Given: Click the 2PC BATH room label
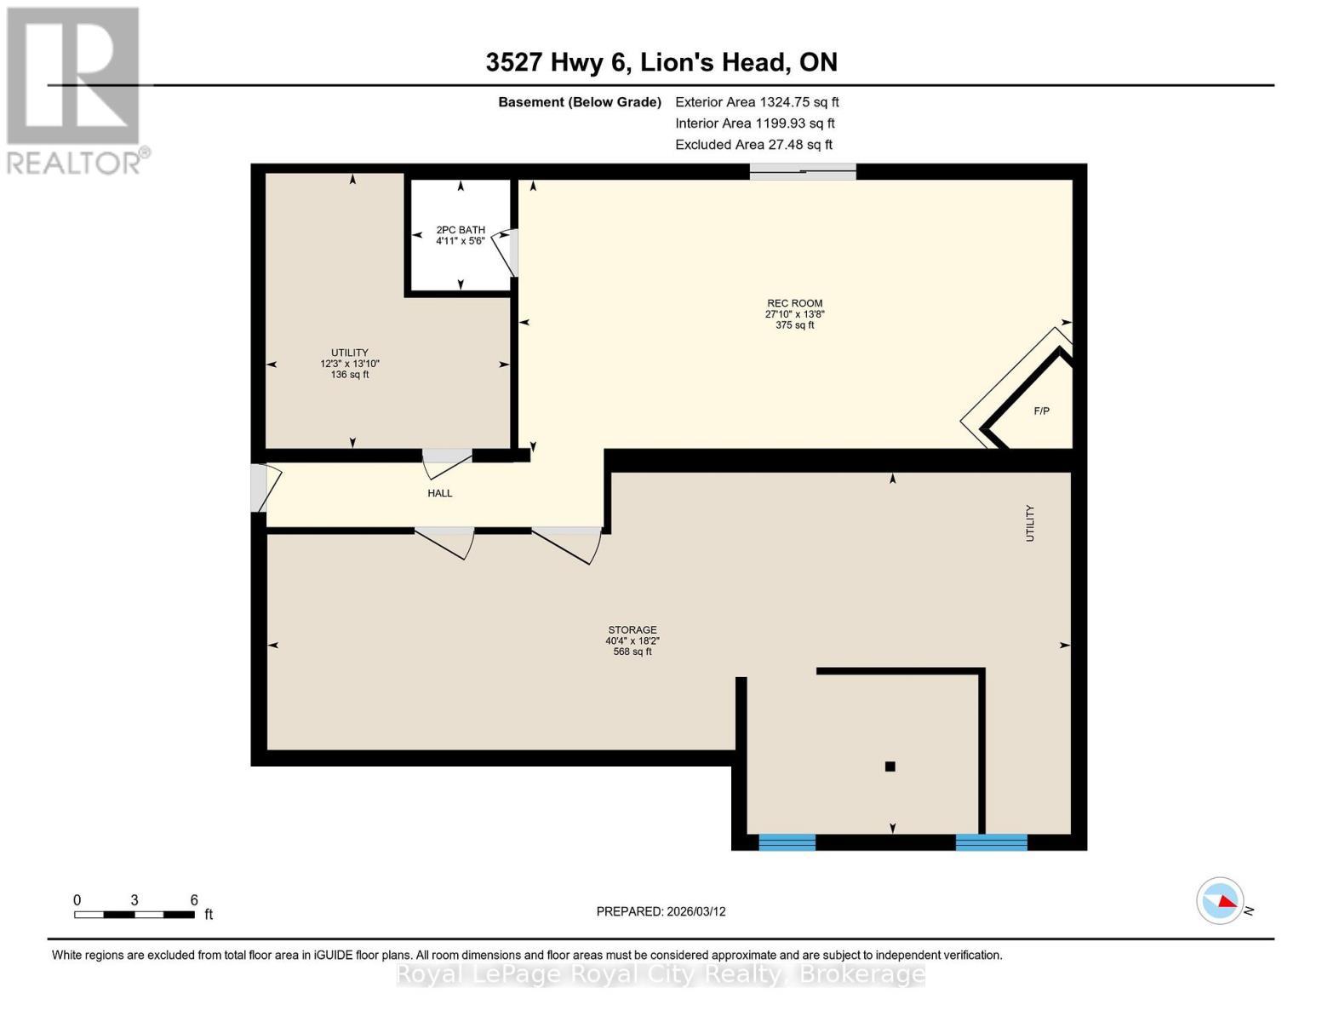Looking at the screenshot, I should [x=461, y=230].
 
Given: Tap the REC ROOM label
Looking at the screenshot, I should [x=794, y=303].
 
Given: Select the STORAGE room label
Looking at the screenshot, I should [x=632, y=630].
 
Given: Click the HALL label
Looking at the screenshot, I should [x=440, y=493].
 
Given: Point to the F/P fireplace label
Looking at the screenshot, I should [x=1041, y=411].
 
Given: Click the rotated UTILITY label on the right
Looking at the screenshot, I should [x=1030, y=523].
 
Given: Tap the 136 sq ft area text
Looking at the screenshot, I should [x=350, y=375].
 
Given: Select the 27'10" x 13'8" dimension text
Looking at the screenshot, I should [x=794, y=314].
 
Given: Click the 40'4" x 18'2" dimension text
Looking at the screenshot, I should [x=632, y=641].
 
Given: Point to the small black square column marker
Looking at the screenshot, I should [x=890, y=766].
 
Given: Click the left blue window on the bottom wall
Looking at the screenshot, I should [x=787, y=842].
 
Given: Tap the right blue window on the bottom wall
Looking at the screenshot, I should [x=992, y=842].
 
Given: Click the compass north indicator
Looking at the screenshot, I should [x=1221, y=900].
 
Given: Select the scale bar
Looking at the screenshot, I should [x=134, y=915].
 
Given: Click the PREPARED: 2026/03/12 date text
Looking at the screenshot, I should [x=661, y=911].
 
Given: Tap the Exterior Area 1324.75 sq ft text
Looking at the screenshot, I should [x=757, y=102].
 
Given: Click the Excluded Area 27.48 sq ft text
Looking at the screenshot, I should [x=753, y=145].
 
